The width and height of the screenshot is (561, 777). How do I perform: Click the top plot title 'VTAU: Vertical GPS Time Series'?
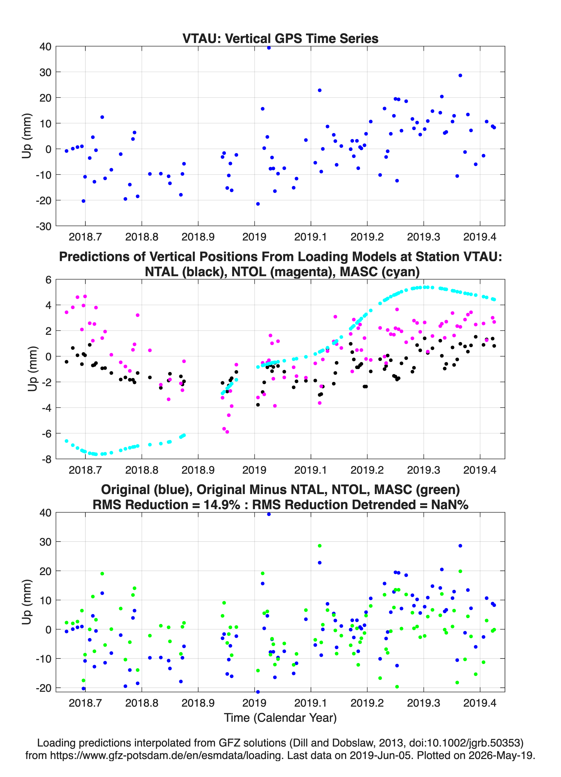(x=280, y=38)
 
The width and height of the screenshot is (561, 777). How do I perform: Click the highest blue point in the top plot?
(x=269, y=48)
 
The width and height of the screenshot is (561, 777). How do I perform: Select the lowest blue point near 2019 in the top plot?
(x=258, y=204)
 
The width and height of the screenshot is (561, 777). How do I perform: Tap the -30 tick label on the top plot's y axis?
(x=43, y=226)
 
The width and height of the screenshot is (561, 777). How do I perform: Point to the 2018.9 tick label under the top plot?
(x=198, y=237)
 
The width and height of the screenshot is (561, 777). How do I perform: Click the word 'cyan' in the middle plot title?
(x=401, y=272)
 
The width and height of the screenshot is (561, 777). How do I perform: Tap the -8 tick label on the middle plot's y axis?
(x=47, y=459)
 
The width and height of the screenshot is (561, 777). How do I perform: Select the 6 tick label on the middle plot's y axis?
(x=48, y=280)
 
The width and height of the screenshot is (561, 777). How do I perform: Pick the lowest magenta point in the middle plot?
(x=227, y=432)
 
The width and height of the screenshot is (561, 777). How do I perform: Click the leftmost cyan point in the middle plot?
(x=66, y=441)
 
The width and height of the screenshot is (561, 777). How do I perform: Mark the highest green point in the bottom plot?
(x=320, y=546)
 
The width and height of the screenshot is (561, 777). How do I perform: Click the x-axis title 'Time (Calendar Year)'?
(x=280, y=717)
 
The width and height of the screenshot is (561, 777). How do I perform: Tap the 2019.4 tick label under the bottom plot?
(x=480, y=703)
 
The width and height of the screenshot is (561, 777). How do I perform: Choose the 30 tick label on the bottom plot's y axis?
(x=46, y=542)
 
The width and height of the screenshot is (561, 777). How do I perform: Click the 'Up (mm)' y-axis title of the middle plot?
(x=32, y=369)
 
